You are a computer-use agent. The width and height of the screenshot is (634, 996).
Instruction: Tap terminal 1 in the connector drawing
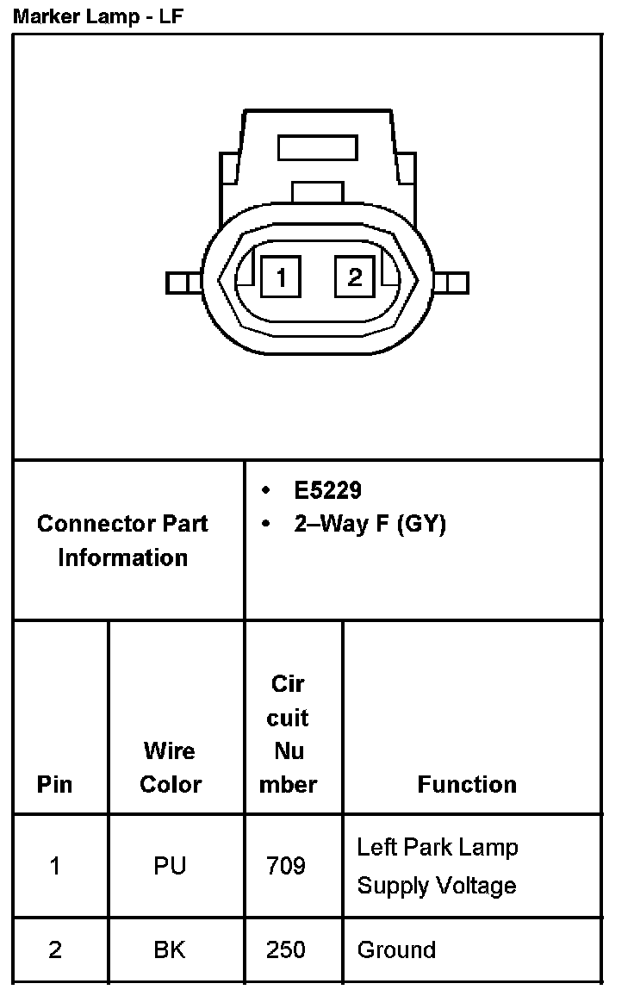(x=282, y=277)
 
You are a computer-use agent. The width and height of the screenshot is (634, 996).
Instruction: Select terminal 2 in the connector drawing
(x=355, y=277)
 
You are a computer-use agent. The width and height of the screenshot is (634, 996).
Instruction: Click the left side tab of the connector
(x=183, y=283)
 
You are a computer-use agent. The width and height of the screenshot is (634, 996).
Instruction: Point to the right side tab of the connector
(x=452, y=283)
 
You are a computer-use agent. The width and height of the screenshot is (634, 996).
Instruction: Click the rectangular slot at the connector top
(x=317, y=147)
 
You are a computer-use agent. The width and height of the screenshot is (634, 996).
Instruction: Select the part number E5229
(x=327, y=490)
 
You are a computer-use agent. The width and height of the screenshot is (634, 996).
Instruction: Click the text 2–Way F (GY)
(x=370, y=524)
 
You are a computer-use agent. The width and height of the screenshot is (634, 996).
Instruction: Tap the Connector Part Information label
(x=122, y=540)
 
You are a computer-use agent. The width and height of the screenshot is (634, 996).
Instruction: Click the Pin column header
(x=55, y=784)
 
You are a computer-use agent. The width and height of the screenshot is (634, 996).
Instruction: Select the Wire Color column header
(x=171, y=768)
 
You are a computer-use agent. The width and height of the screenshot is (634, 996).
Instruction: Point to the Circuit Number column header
(x=289, y=734)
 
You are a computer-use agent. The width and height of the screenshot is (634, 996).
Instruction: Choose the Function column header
(x=467, y=784)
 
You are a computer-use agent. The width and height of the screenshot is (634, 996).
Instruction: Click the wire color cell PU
(x=170, y=866)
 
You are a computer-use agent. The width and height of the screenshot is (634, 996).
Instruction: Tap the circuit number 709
(x=286, y=866)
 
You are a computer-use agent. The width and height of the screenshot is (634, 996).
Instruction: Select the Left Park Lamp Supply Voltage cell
(x=438, y=866)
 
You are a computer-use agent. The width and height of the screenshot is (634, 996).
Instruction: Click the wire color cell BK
(x=170, y=949)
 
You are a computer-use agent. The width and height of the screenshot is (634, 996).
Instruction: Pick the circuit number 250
(x=286, y=949)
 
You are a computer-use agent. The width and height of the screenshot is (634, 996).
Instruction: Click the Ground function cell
(x=396, y=949)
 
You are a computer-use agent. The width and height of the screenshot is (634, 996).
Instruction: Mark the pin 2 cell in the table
(x=55, y=949)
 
